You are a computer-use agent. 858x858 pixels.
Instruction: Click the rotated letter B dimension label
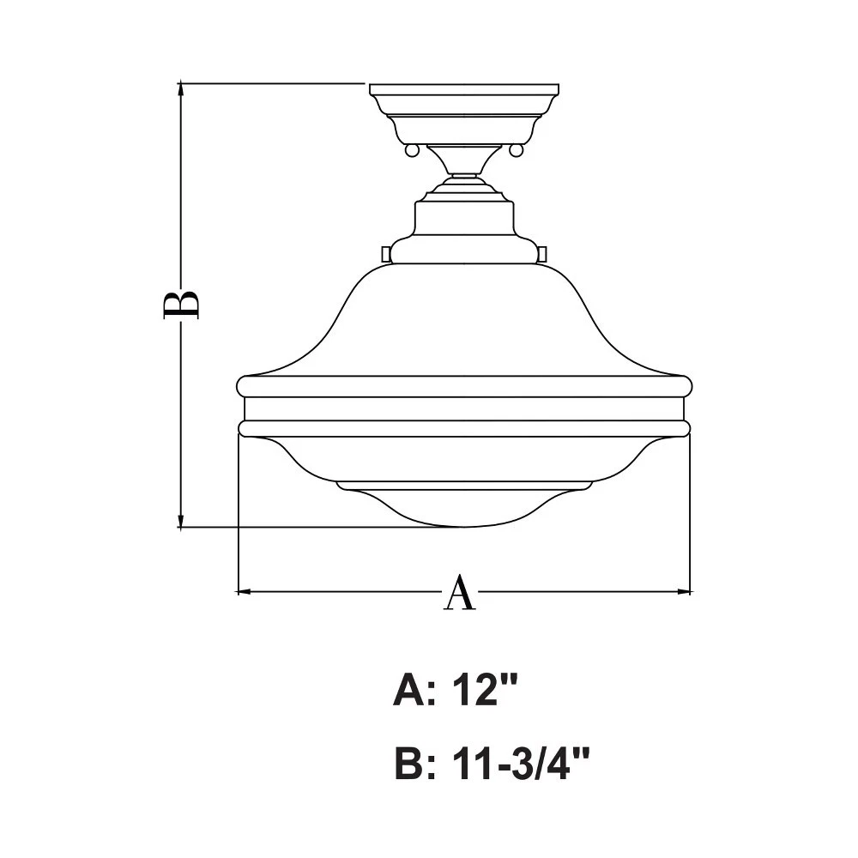(x=181, y=299)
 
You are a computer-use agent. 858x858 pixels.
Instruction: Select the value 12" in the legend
(x=484, y=690)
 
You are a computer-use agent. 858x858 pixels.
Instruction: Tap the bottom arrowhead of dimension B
(x=181, y=520)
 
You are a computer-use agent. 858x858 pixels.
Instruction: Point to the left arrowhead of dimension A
(x=245, y=591)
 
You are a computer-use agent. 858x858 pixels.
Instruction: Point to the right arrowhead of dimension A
(x=683, y=591)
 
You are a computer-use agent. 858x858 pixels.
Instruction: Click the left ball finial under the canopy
(x=412, y=149)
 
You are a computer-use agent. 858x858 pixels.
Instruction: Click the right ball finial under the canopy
(x=516, y=149)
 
